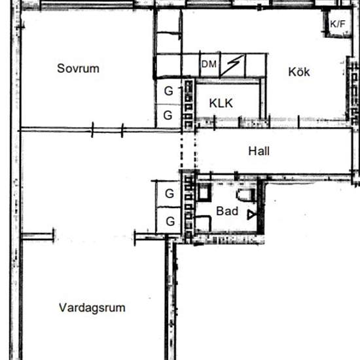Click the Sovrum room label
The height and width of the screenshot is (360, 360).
pos(78,69)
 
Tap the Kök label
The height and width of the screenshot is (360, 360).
pos(299,72)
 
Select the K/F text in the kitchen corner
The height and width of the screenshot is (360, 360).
pos(338,24)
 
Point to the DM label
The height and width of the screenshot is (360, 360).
pos(209,64)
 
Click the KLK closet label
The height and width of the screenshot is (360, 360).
pos(221,103)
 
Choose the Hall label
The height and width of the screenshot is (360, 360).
pos(259,151)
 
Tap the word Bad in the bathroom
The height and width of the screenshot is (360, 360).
pos(227,211)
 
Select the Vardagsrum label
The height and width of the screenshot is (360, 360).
pos(92,308)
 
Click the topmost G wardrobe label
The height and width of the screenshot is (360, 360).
pos(169,91)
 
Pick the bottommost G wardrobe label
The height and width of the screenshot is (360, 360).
pos(170,221)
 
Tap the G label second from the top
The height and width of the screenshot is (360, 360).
pos(168,115)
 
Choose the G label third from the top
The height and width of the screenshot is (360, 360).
pos(170,194)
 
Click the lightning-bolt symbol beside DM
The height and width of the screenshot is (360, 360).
pos(232,65)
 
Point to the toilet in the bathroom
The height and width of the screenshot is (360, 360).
pos(245,195)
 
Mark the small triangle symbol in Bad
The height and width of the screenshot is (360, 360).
pos(251,215)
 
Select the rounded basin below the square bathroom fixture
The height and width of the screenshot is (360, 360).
pos(203,223)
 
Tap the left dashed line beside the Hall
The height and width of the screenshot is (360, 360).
pos(181,152)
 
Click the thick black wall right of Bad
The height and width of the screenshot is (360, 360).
pos(261,206)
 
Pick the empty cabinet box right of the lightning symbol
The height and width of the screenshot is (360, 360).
pos(256,65)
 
